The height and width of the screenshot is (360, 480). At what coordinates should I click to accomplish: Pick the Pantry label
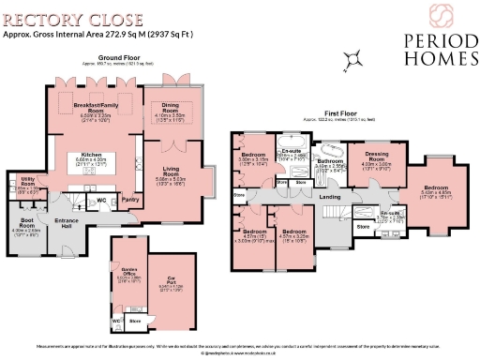[130, 199]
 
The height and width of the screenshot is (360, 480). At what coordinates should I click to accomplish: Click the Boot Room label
[26, 224]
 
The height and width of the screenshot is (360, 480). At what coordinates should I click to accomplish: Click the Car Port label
[172, 278]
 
